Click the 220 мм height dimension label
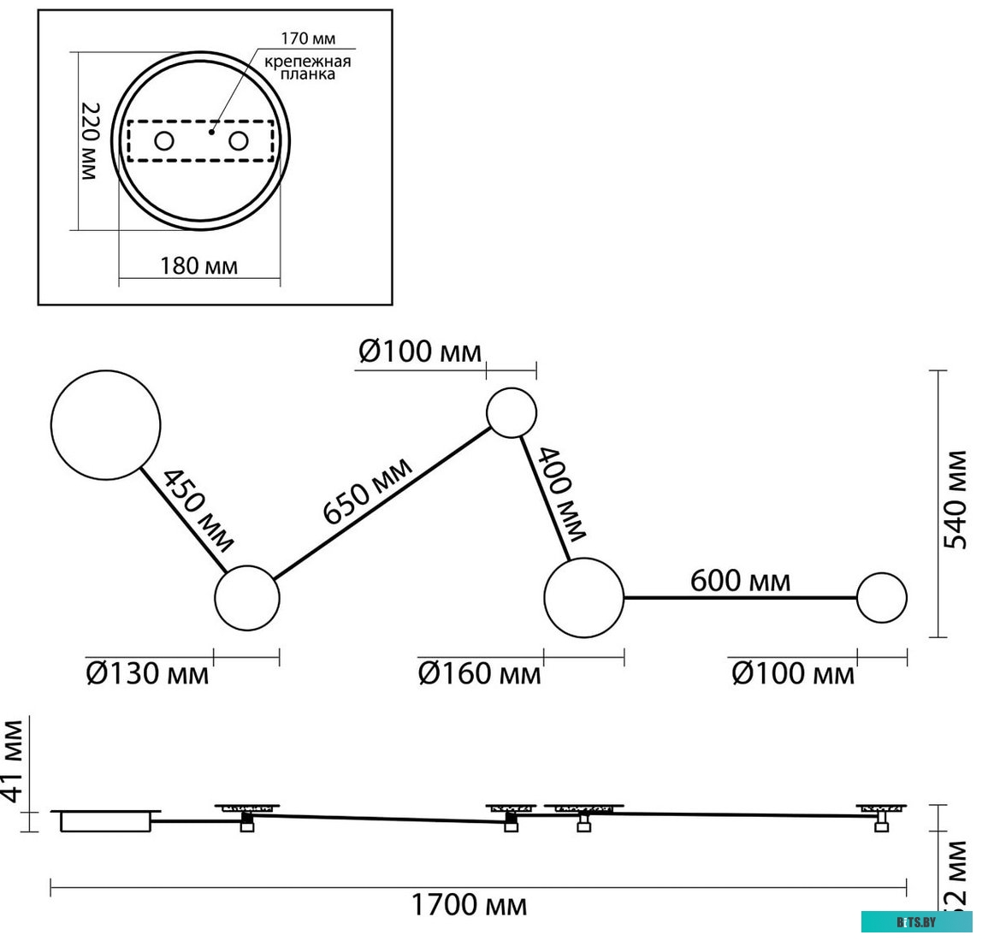[90, 141]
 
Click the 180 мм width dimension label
[198, 265]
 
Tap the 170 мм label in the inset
[308, 38]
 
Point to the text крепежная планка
[307, 68]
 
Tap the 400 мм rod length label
[562, 494]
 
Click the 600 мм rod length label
[740, 581]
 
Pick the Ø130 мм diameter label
[147, 673]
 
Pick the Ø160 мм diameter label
[479, 673]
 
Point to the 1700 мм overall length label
[470, 904]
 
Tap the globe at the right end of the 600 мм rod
[881, 598]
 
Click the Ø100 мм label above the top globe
[420, 352]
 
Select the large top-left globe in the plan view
[105, 424]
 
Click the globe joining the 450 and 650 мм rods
[246, 598]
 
